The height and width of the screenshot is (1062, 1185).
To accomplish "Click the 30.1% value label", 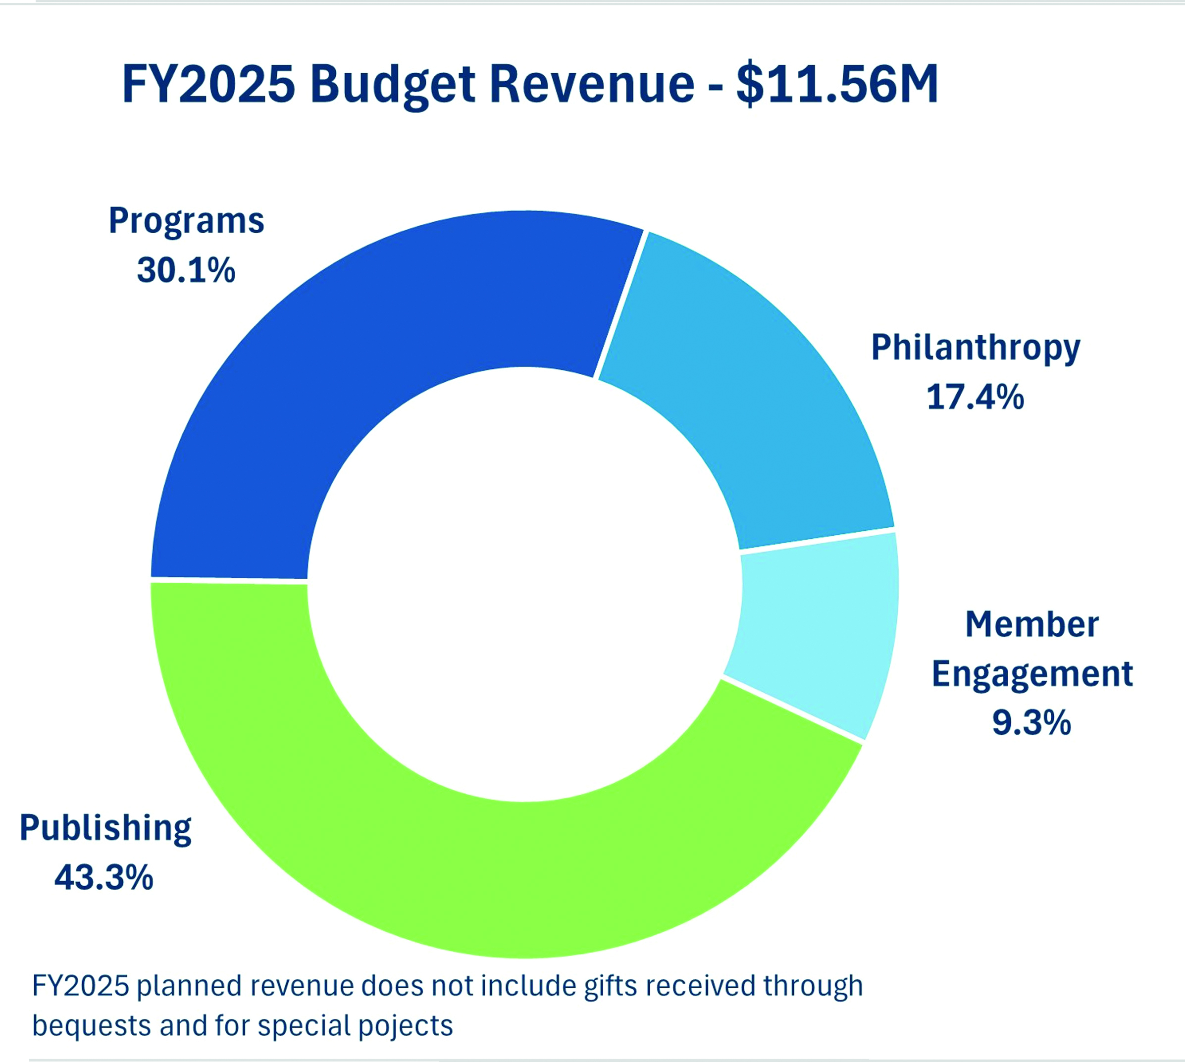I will click(x=186, y=270).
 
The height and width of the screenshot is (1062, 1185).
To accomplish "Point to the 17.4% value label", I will click(x=975, y=397).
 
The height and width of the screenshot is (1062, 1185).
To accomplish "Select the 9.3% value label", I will click(x=1031, y=722).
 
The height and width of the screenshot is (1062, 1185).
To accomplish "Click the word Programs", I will click(x=186, y=221).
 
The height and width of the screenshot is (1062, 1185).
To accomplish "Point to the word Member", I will click(x=1031, y=624).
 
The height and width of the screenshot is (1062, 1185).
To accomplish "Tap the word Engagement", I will click(x=1031, y=674).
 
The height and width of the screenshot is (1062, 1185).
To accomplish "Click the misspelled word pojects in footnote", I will click(x=405, y=1026).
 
